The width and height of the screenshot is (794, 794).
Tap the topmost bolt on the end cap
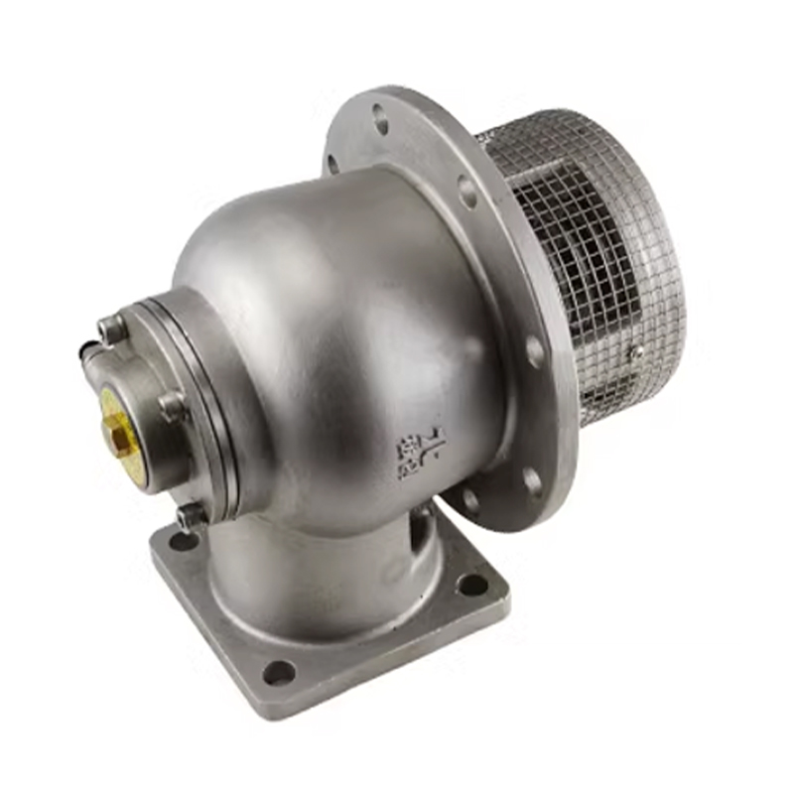(112, 328)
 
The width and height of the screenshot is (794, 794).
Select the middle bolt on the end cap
(172, 404)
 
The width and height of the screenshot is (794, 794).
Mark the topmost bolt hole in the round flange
(379, 123)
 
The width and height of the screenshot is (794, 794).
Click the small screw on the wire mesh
(636, 350)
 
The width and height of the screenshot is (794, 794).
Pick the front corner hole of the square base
(279, 672)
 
